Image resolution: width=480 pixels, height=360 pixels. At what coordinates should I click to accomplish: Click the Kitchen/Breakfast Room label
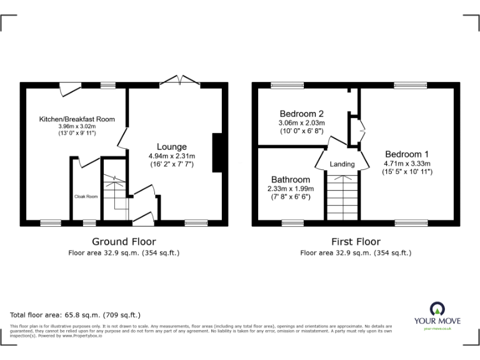click(x=77, y=119)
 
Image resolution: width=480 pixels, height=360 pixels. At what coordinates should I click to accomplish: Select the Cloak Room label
click(x=86, y=196)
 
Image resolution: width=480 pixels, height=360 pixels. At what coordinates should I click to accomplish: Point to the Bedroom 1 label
click(x=407, y=154)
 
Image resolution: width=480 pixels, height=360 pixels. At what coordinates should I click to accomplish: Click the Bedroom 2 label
click(x=301, y=114)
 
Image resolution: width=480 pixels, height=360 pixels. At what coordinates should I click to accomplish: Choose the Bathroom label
click(x=289, y=179)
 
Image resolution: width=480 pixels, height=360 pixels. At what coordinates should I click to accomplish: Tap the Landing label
click(x=342, y=164)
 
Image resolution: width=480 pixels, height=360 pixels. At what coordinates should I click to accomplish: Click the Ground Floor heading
click(x=124, y=242)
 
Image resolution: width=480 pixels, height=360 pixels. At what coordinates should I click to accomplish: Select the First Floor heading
click(x=356, y=242)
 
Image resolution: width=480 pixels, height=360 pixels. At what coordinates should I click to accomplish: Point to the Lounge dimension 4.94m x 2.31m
click(x=172, y=156)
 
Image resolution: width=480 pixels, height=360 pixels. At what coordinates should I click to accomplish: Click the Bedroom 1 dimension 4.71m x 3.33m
click(x=407, y=163)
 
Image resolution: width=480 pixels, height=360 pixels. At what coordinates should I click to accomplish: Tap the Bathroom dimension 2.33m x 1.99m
click(x=289, y=188)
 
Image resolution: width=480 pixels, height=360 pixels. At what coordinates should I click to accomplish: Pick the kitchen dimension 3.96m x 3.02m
click(x=77, y=126)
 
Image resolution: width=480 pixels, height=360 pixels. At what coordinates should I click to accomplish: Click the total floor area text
click(x=76, y=315)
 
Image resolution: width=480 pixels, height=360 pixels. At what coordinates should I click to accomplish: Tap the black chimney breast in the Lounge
click(x=217, y=152)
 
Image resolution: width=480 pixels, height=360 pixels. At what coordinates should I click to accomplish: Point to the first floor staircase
click(x=342, y=196)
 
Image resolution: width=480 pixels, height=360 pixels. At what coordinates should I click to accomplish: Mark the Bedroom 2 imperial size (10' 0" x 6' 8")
click(x=301, y=131)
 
